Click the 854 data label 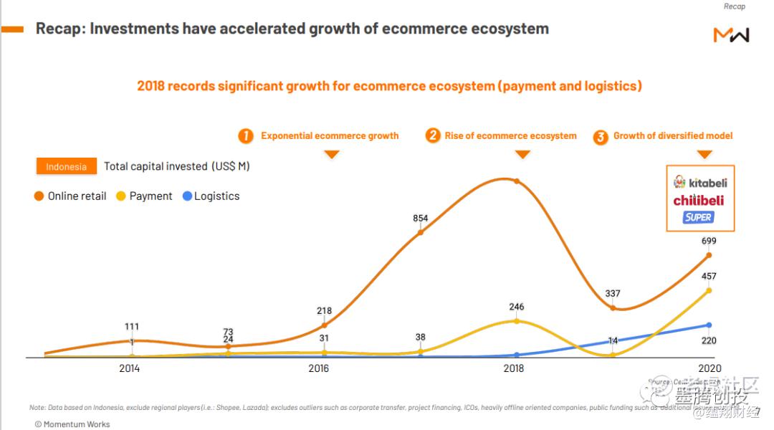pyautogui.click(x=421, y=218)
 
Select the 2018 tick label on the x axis pyautogui.click(x=514, y=368)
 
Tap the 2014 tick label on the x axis pyautogui.click(x=129, y=368)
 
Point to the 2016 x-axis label pyautogui.click(x=319, y=368)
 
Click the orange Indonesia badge pyautogui.click(x=67, y=167)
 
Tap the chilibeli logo pyautogui.click(x=698, y=201)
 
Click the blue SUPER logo pyautogui.click(x=699, y=217)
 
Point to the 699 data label pyautogui.click(x=708, y=242)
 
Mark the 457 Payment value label pyautogui.click(x=708, y=277)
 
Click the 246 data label pyautogui.click(x=516, y=307)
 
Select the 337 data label pyautogui.click(x=612, y=293)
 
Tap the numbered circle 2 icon pyautogui.click(x=433, y=135)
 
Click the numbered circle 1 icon pyautogui.click(x=246, y=136)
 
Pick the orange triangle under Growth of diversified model pyautogui.click(x=705, y=154)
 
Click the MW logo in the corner pyautogui.click(x=731, y=34)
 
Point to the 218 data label pyautogui.click(x=324, y=311)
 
